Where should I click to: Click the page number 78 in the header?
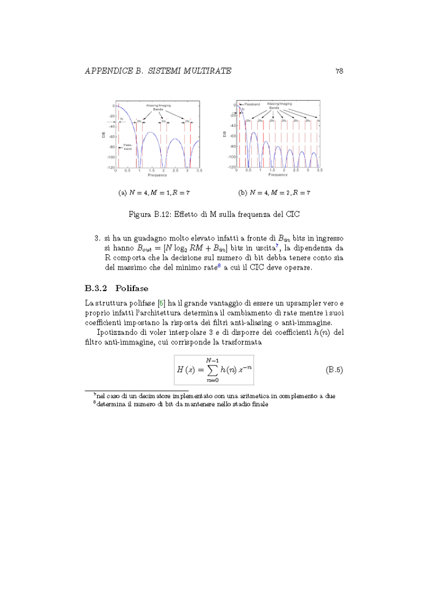pyautogui.click(x=339, y=71)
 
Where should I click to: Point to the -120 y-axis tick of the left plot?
pyautogui.click(x=110, y=167)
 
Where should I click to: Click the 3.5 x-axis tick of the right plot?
pyautogui.click(x=319, y=171)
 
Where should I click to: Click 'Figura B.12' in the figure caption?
pyautogui.click(x=148, y=214)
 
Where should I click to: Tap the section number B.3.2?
pyautogui.click(x=96, y=288)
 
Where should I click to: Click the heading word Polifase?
pyautogui.click(x=129, y=288)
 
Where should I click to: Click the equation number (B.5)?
pyautogui.click(x=334, y=369)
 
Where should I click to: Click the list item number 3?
pyautogui.click(x=97, y=238)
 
